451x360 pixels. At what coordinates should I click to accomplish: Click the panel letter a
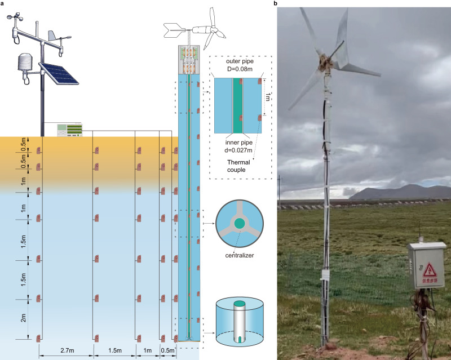(x=3, y=3)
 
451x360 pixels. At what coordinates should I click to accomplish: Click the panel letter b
(x=276, y=3)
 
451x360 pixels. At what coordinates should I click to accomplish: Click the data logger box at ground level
(x=70, y=130)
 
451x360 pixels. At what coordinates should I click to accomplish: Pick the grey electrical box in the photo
(x=426, y=266)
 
